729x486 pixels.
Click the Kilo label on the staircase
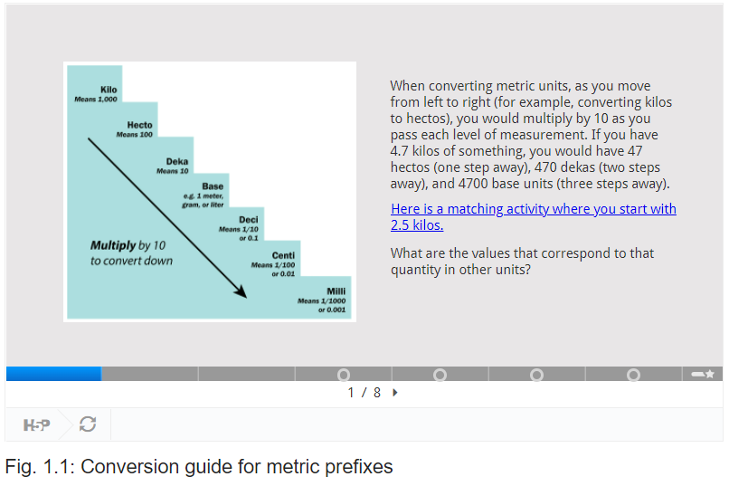point(109,90)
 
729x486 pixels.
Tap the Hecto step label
point(139,125)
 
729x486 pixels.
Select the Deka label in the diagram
point(177,161)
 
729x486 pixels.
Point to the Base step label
point(213,186)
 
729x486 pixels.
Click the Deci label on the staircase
point(248,220)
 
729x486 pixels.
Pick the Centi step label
point(283,255)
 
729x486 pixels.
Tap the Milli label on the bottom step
point(336,291)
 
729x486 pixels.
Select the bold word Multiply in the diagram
point(113,245)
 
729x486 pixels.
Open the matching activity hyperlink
point(534,216)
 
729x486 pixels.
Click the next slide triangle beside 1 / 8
point(394,393)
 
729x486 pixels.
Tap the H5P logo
point(36,424)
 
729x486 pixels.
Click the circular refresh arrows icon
point(88,424)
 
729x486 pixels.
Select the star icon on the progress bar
point(709,374)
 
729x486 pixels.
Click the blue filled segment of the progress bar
point(54,374)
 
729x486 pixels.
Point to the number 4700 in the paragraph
point(473,184)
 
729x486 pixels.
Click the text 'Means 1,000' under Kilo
point(96,99)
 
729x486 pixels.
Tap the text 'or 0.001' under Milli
point(332,310)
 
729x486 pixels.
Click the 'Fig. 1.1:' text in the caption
point(40,467)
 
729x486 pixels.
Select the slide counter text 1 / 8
point(364,393)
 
